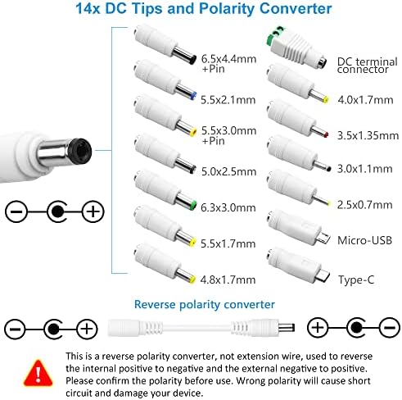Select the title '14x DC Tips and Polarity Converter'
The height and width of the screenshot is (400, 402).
(201, 10)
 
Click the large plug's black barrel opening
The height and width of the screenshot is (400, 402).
(56, 152)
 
